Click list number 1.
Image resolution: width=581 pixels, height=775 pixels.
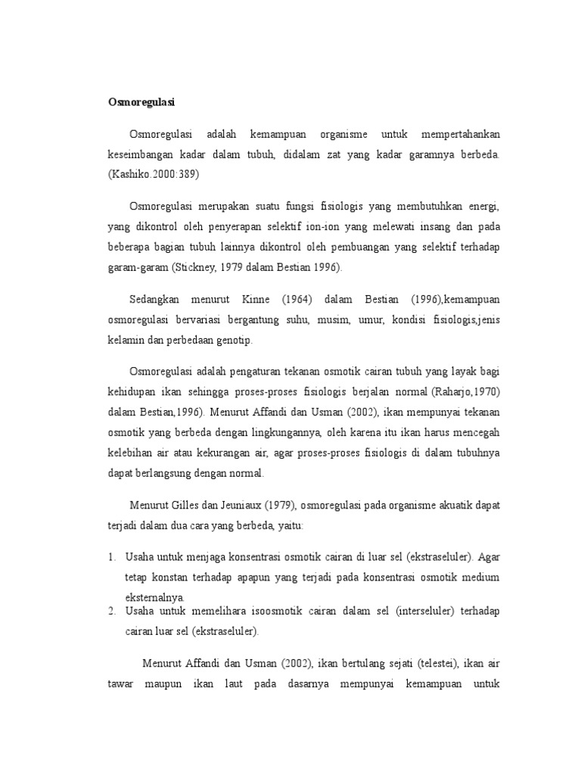pos(110,557)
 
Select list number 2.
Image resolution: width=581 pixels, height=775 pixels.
pos(110,610)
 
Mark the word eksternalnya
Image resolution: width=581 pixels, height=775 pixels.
pos(155,597)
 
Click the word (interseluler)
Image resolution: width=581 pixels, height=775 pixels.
pos(427,610)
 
